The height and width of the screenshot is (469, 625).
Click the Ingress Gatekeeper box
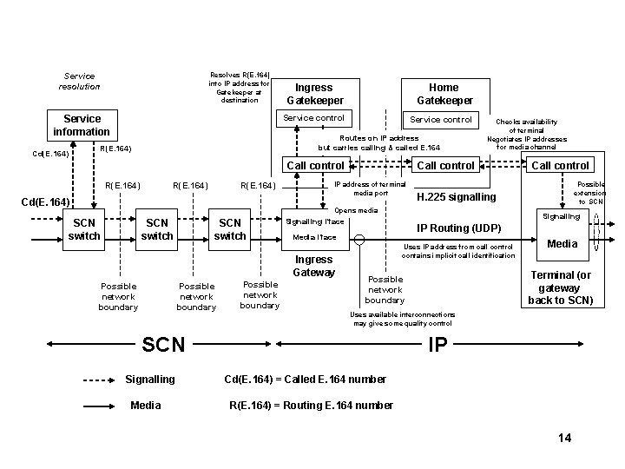[x=313, y=94]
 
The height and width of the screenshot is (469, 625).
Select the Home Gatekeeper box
[x=444, y=94]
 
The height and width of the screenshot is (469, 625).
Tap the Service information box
[x=82, y=125]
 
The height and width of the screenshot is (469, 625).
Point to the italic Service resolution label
[x=79, y=82]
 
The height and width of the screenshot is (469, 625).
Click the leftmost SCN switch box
[x=84, y=229]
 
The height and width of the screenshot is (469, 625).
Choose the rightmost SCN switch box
[x=230, y=229]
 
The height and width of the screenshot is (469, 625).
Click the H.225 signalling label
[x=457, y=197]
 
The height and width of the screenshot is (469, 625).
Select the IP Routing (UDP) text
[x=459, y=228]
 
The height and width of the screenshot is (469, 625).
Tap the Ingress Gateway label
[x=313, y=266]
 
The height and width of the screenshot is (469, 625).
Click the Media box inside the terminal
[x=562, y=244]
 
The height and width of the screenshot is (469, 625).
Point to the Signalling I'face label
[x=315, y=221]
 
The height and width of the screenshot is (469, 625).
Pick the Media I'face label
[x=314, y=236]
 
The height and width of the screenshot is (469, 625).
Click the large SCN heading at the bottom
[x=163, y=344]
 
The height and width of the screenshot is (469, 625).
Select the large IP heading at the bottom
[x=438, y=344]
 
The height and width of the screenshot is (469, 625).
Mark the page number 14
[x=564, y=438]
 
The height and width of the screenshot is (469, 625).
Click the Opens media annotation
[x=356, y=210]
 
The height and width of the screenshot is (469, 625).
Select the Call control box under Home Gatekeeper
[x=446, y=165]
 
